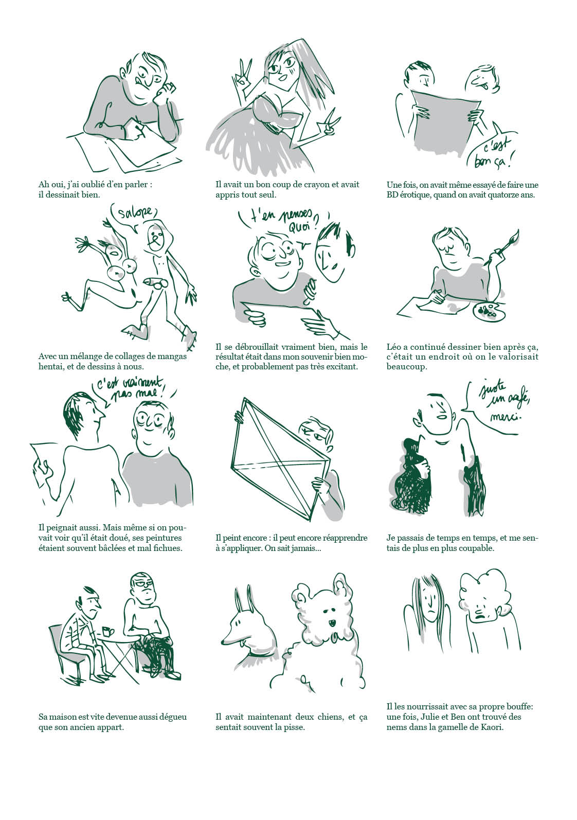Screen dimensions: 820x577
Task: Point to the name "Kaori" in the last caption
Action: (x=489, y=727)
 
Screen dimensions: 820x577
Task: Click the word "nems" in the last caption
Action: (x=398, y=727)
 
